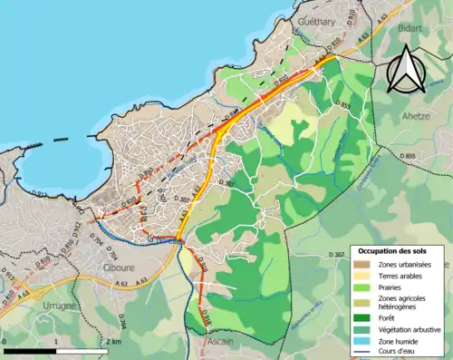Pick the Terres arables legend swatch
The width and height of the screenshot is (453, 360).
[x=362, y=276]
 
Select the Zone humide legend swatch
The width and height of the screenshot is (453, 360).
[x=362, y=341]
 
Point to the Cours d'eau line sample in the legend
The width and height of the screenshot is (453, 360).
[x=362, y=353]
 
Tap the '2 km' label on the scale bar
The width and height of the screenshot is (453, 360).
[x=113, y=341]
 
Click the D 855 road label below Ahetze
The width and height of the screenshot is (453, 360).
[x=408, y=156]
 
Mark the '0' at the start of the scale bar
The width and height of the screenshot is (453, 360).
[x=5, y=341]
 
